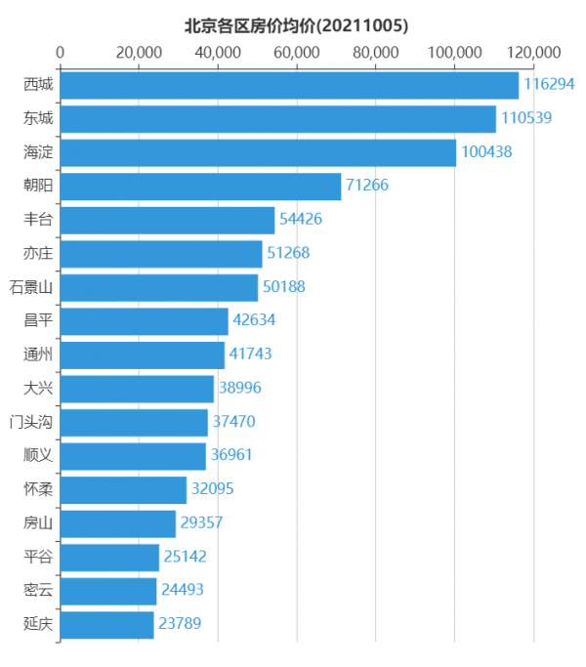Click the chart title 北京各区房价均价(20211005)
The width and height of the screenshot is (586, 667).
tap(296, 25)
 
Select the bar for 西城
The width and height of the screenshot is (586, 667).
tap(289, 85)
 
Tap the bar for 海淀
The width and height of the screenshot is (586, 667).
tap(258, 152)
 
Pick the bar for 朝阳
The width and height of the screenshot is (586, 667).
tap(200, 187)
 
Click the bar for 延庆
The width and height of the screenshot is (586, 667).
tap(107, 624)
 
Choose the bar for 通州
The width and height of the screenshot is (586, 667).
tap(143, 354)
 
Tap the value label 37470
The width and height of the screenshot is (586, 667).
tap(240, 422)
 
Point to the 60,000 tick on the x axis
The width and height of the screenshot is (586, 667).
tap(297, 52)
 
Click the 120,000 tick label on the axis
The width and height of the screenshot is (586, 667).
tap(533, 52)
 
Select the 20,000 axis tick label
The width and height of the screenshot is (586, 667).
tap(139, 52)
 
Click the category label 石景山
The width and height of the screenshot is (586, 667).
tap(31, 287)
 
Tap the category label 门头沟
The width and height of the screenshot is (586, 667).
tap(31, 422)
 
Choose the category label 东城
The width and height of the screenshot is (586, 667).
tap(39, 119)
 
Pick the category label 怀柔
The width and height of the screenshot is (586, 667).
tap(39, 489)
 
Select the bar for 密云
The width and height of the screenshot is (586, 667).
tap(108, 590)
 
